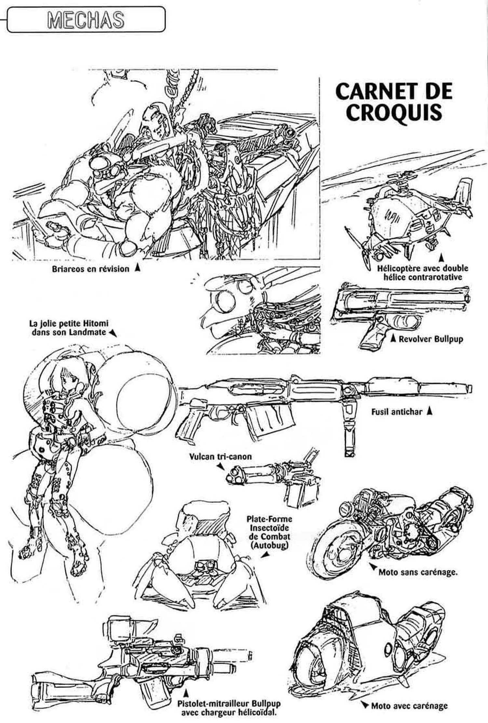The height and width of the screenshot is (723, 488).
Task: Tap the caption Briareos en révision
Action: pyautogui.click(x=90, y=269)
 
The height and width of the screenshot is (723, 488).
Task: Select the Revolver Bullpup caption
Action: pyautogui.click(x=431, y=339)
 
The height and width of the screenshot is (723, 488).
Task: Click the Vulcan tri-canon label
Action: pyautogui.click(x=221, y=456)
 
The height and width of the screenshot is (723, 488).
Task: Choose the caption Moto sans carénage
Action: pyautogui.click(x=418, y=581)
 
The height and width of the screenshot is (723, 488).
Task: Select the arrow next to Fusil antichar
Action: pyautogui.click(x=429, y=411)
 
